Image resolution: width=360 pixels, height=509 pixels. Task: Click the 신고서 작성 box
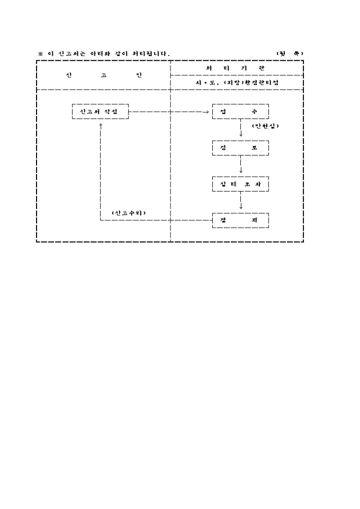100,112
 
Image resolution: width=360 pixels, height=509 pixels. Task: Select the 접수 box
240,112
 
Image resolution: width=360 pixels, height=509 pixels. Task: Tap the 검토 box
240,148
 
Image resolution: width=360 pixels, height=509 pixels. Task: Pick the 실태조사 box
240,184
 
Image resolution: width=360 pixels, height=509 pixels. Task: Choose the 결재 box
240,220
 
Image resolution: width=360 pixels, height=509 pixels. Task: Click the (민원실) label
265,126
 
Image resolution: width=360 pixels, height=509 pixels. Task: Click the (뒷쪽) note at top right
290,53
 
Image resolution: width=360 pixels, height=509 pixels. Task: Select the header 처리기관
237,68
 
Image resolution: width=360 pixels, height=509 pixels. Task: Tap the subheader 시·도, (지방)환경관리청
237,83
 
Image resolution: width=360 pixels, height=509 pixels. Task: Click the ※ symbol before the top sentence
40,53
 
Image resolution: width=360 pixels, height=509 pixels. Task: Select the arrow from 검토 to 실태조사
241,166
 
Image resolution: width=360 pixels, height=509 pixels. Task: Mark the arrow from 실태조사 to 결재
241,202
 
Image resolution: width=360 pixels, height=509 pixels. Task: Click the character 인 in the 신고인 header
139,75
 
